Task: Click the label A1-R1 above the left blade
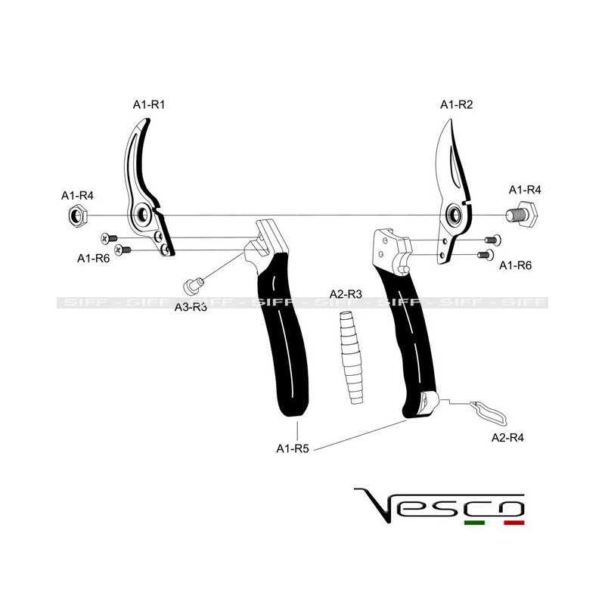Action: click(149, 105)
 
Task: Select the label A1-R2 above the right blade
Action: click(456, 105)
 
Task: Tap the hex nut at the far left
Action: click(77, 216)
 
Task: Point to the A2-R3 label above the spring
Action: click(346, 293)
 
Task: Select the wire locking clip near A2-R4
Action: click(489, 412)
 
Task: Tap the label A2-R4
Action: click(507, 437)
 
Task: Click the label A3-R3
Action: click(191, 307)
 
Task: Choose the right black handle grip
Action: click(409, 340)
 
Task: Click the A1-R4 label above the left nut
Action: click(77, 196)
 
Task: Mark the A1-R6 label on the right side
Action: click(517, 265)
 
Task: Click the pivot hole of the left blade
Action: click(142, 216)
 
